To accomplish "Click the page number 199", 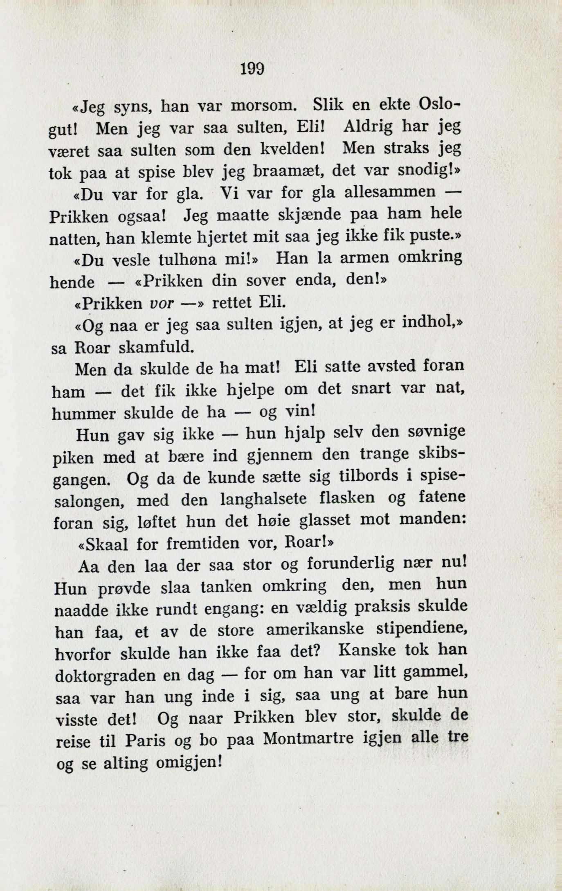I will (252, 68).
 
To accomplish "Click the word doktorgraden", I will (106, 675).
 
